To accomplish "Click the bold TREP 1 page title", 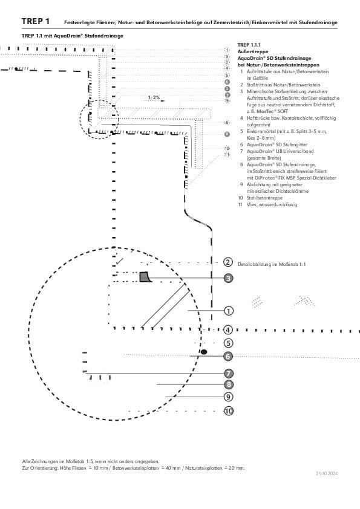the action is click(x=36, y=21).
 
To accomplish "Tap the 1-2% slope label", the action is click(x=154, y=97).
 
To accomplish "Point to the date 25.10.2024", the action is click(x=327, y=473).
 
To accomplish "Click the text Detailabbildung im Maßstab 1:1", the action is click(x=272, y=264).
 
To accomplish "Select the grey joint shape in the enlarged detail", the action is click(x=145, y=277).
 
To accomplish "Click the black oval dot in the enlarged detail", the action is click(x=204, y=352).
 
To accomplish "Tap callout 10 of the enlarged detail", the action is click(x=229, y=411).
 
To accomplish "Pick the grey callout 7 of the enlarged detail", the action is click(x=229, y=374).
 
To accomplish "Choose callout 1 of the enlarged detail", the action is click(x=229, y=311).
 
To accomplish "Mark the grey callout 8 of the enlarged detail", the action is click(x=229, y=384).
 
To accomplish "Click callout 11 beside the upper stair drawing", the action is click(x=227, y=155).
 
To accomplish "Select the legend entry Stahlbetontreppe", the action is click(x=264, y=198).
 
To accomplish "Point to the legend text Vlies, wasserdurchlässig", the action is click(x=272, y=204).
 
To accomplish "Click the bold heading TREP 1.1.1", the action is click(x=249, y=45).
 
